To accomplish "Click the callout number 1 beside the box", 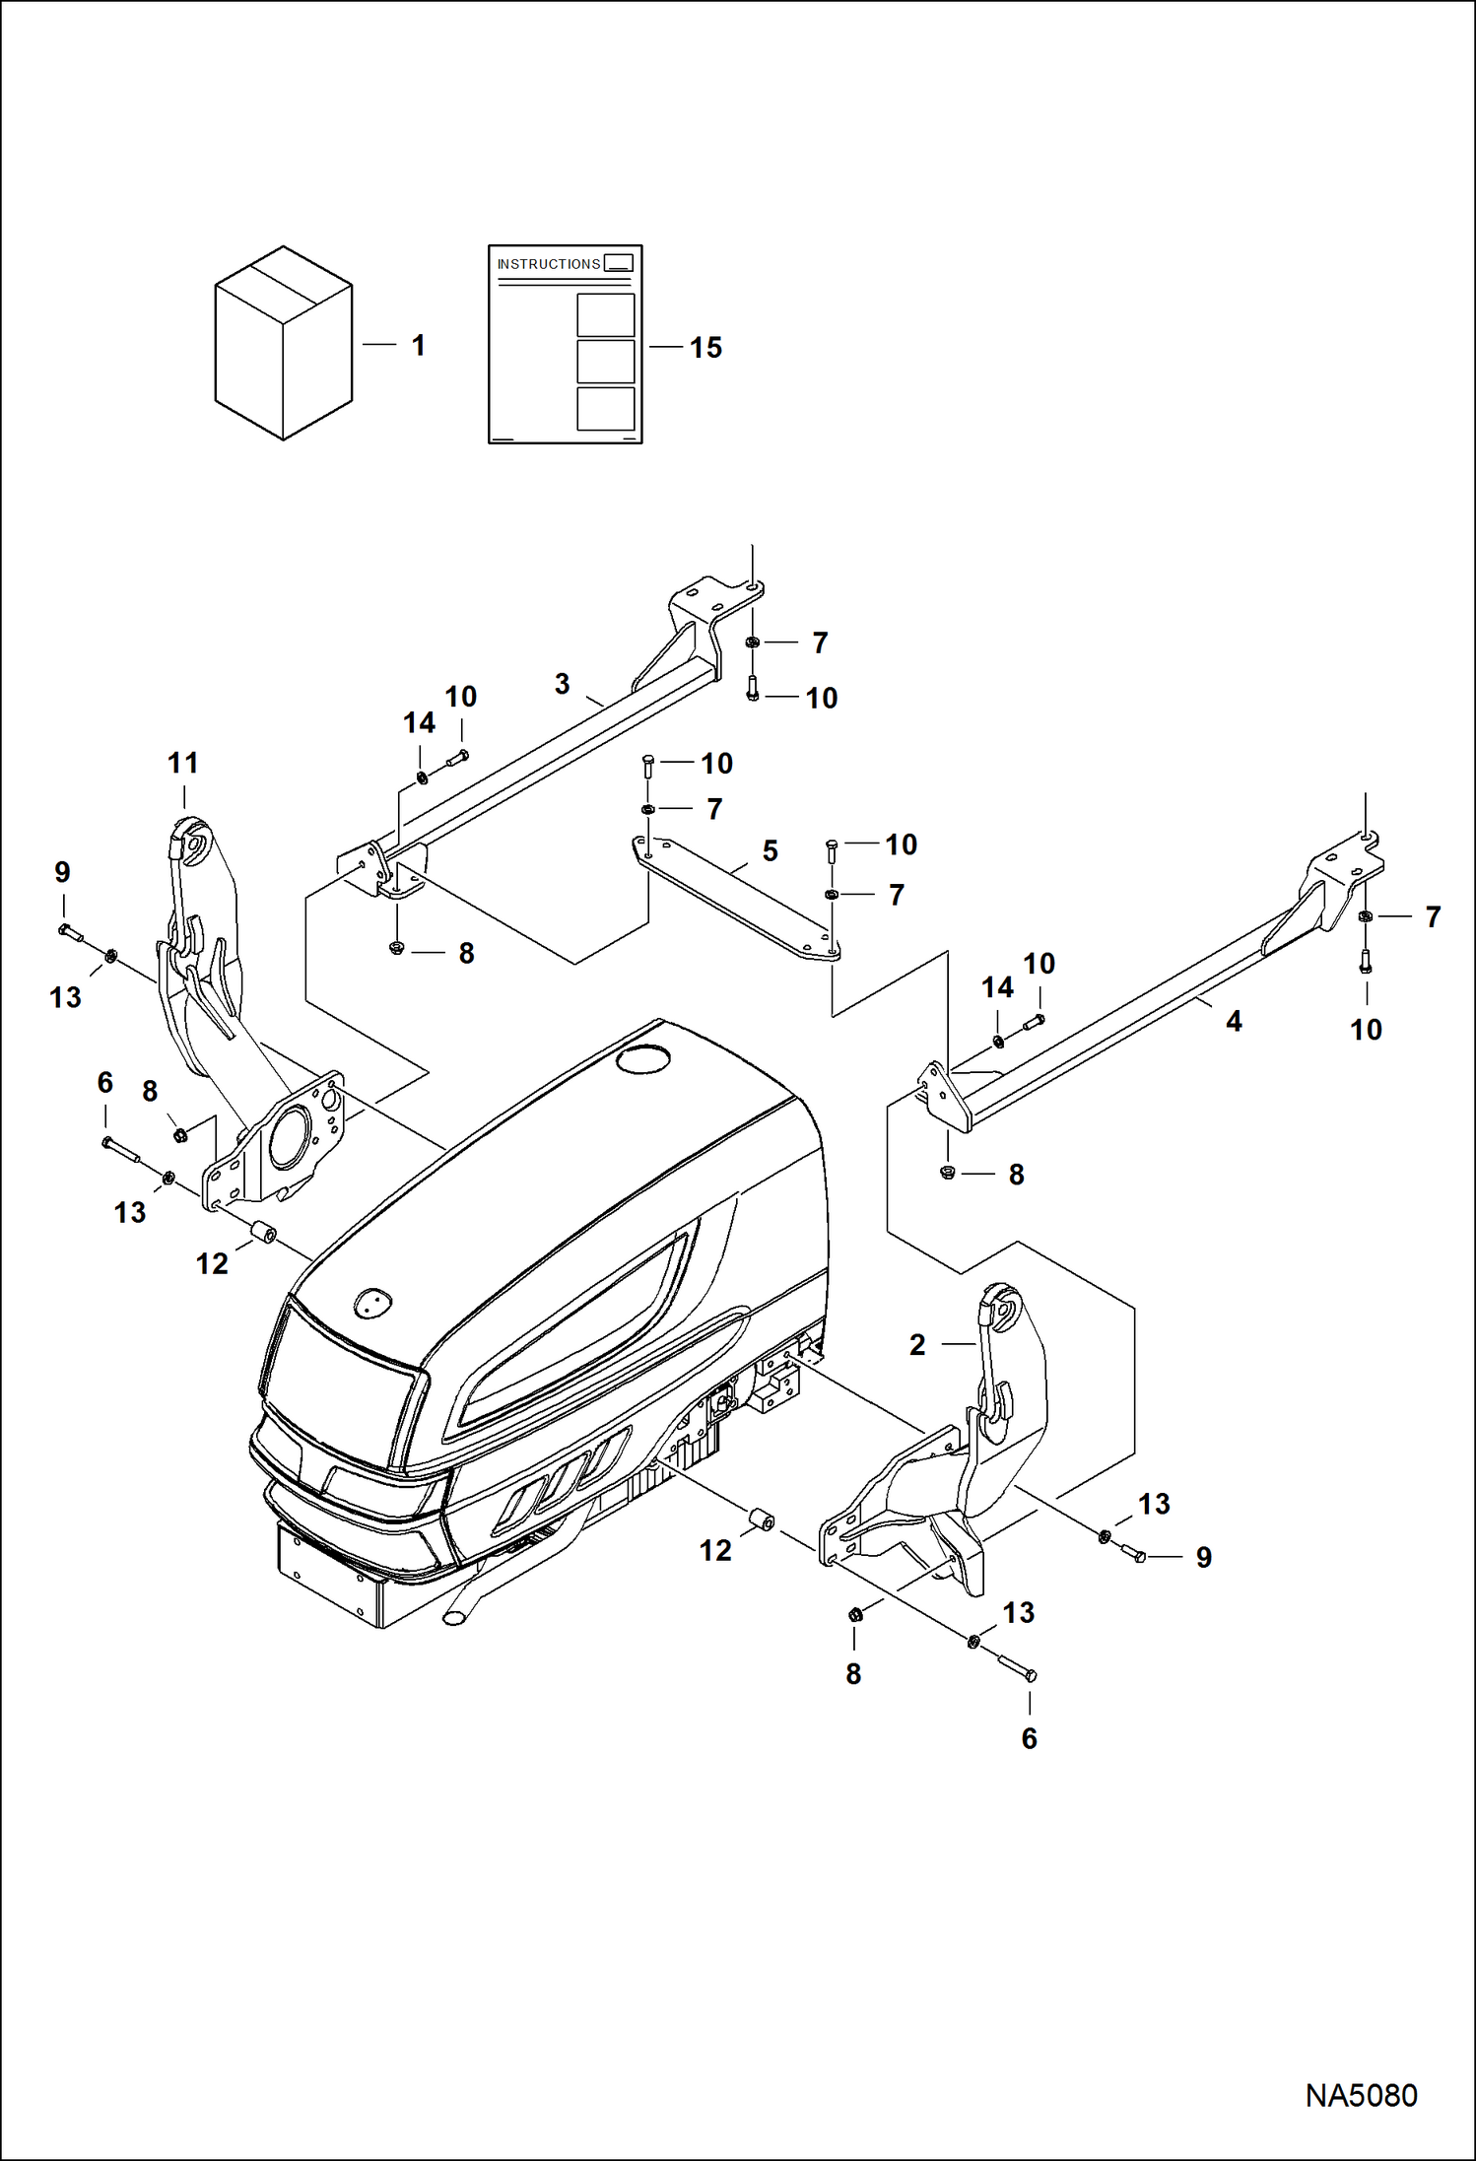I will tap(419, 346).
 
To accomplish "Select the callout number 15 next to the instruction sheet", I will tap(705, 348).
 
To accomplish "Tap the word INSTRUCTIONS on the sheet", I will tap(548, 264).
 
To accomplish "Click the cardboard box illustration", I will tap(284, 343).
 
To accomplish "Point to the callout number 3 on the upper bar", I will tap(563, 684).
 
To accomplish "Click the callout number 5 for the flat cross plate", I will tap(771, 850).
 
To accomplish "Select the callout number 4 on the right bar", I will tap(1234, 1021).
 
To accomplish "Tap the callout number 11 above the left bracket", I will tap(183, 763).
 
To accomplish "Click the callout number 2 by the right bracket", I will tap(917, 1345).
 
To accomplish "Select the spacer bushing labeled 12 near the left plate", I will tap(263, 1234).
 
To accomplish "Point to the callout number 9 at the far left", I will tap(62, 872).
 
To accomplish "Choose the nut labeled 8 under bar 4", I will tap(948, 1173).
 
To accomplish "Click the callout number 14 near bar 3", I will tap(419, 723).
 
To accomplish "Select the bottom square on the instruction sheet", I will tap(605, 408).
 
